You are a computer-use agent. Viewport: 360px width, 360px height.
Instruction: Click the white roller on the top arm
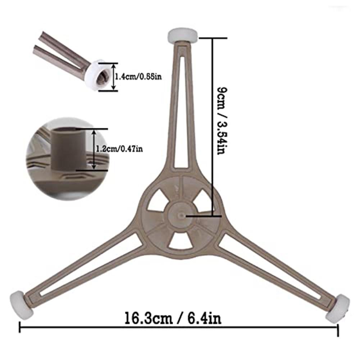pos(182,36)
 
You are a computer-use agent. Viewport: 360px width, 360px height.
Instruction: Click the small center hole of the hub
pos(182,215)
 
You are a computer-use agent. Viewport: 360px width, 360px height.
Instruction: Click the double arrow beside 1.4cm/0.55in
pos(113,77)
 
